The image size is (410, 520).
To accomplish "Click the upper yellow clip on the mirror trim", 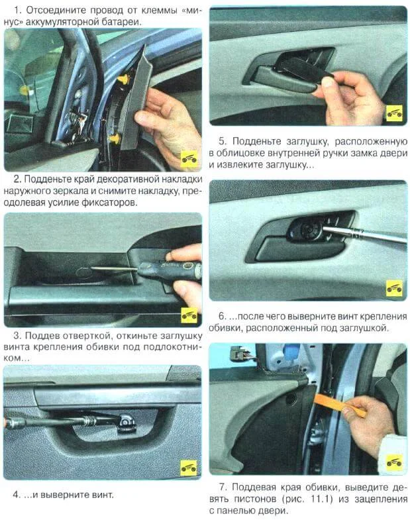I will click(x=124, y=79).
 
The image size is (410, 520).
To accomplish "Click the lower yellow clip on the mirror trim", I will click(x=117, y=138).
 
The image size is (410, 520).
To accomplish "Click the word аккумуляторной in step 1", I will click(x=77, y=22).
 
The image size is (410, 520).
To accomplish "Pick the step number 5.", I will click(x=223, y=141).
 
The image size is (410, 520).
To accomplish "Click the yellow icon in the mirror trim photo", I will click(x=189, y=159).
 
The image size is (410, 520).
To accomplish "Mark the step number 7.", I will click(x=223, y=487).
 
